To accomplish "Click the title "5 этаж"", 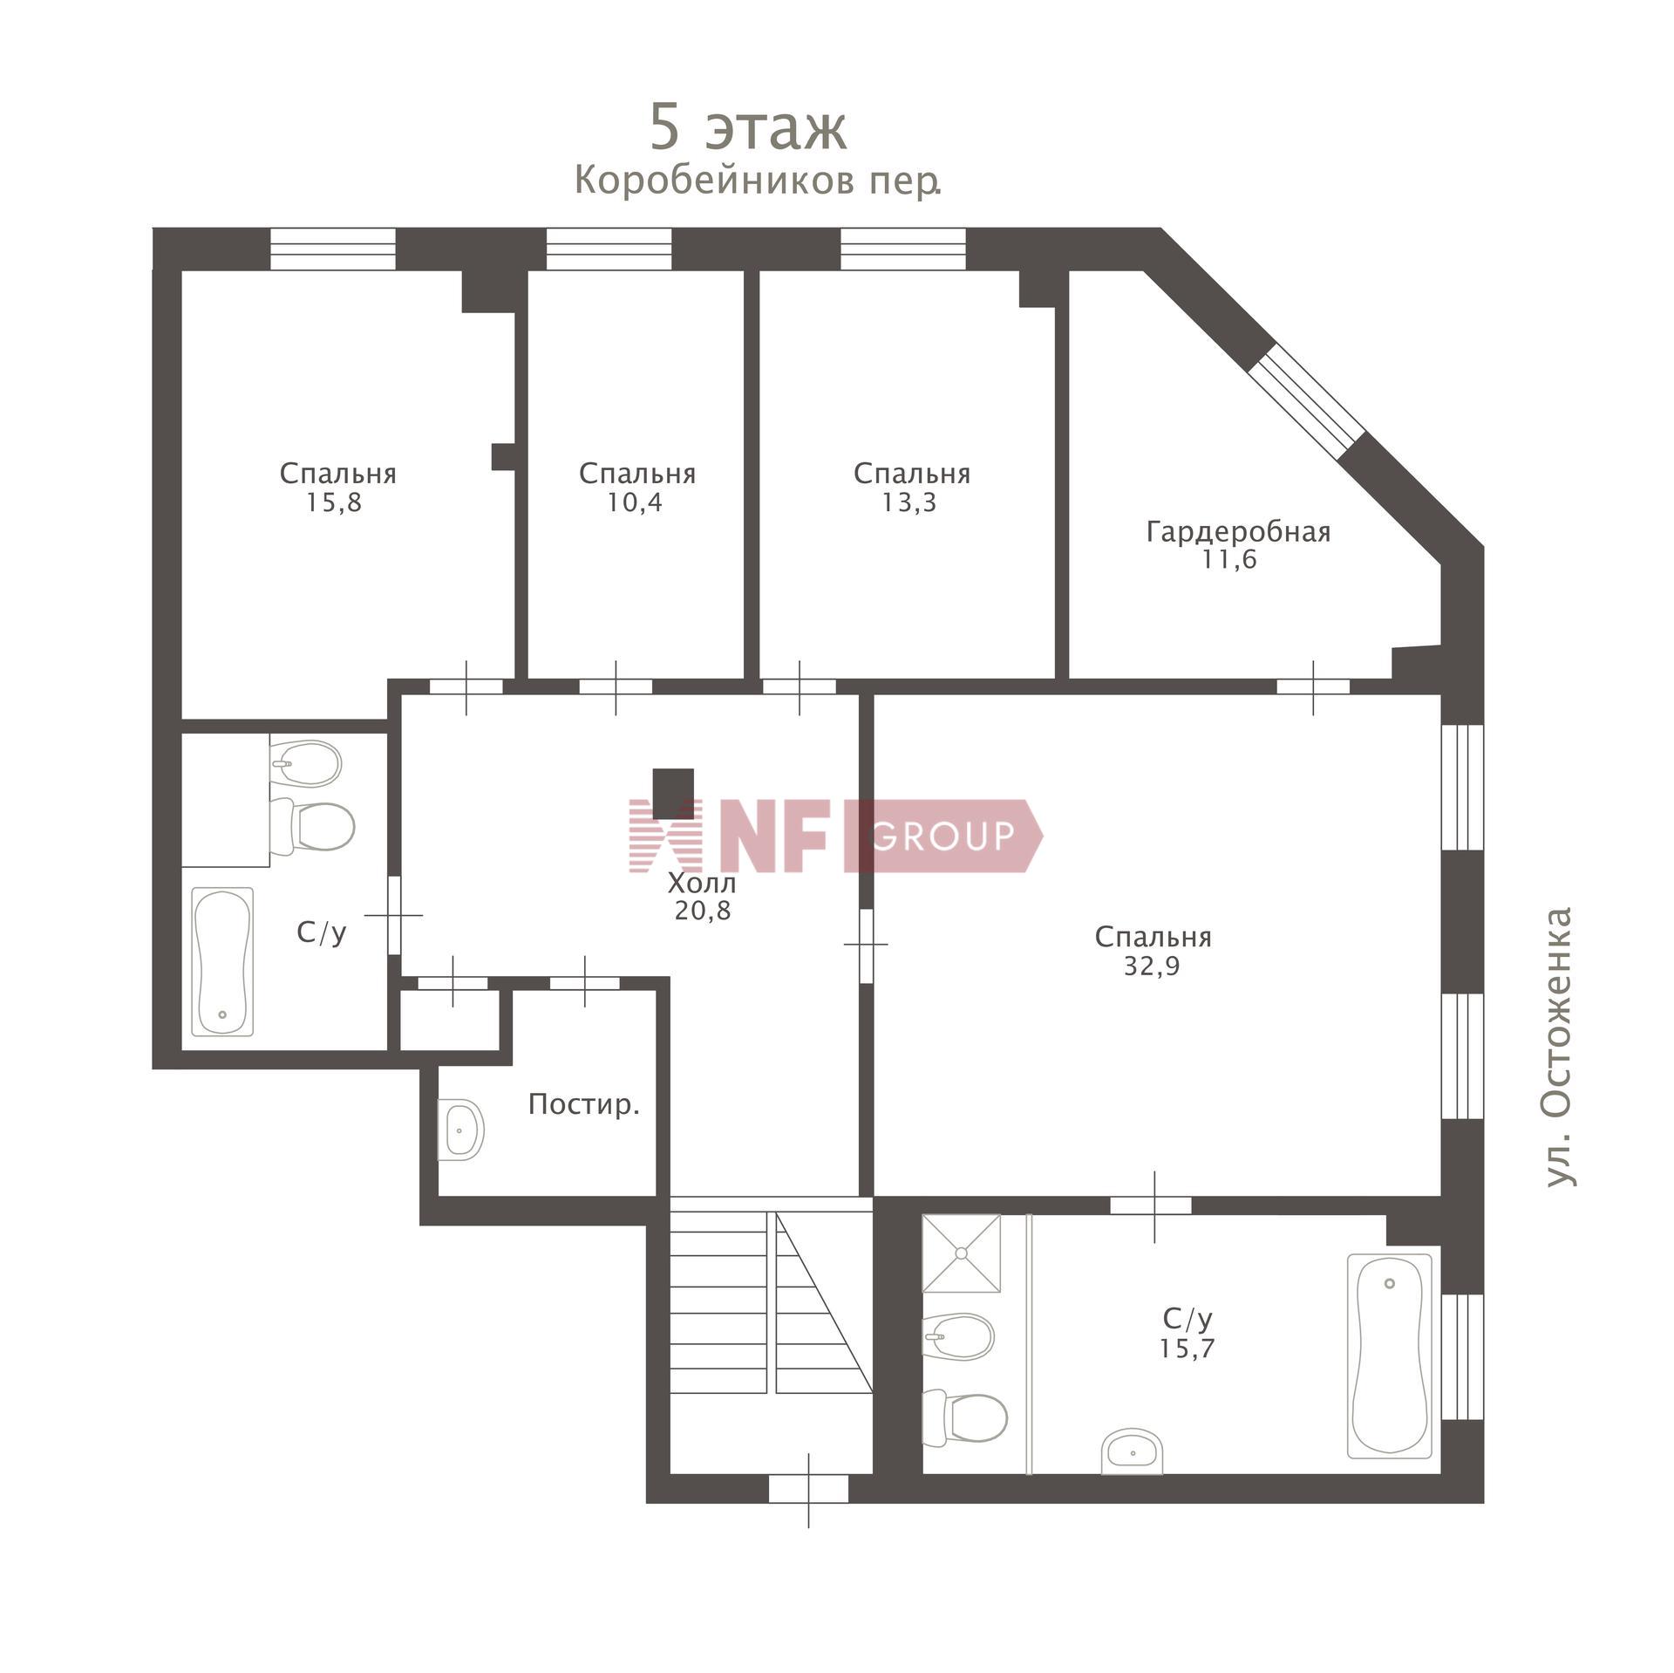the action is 748,128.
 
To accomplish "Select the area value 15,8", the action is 333,502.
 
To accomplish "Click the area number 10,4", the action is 635,502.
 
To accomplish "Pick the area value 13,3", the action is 909,502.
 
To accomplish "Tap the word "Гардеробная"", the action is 1239,531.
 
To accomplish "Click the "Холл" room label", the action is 702,883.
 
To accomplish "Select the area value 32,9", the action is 1152,966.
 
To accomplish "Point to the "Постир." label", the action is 584,1105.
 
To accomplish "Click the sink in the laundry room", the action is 460,1130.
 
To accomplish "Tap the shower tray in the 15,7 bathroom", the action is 962,1253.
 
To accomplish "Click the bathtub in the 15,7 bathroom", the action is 1390,1356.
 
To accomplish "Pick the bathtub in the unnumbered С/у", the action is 222,962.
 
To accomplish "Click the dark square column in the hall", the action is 674,793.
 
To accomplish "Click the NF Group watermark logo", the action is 835,835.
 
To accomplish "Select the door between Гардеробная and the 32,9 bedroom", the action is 1313,686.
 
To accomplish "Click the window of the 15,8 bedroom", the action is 332,249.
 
